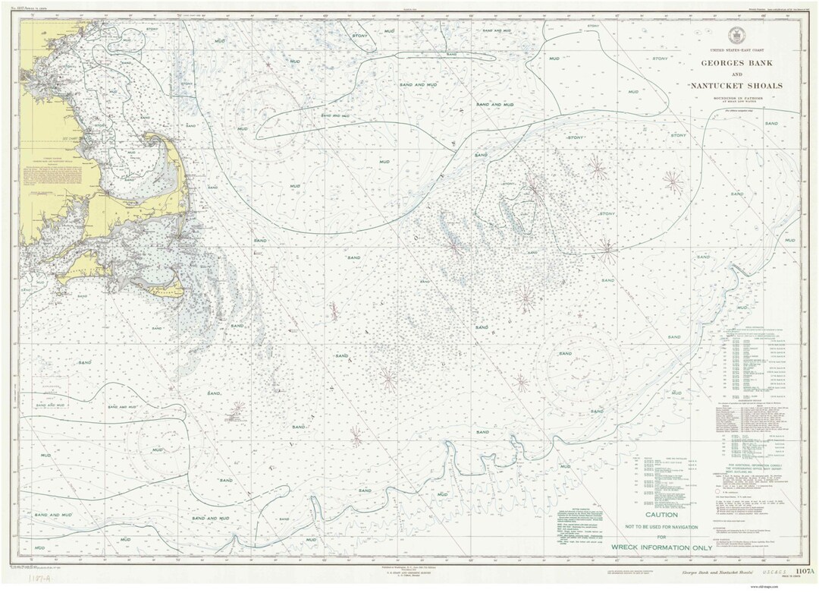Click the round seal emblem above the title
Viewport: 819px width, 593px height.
pyautogui.click(x=735, y=35)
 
